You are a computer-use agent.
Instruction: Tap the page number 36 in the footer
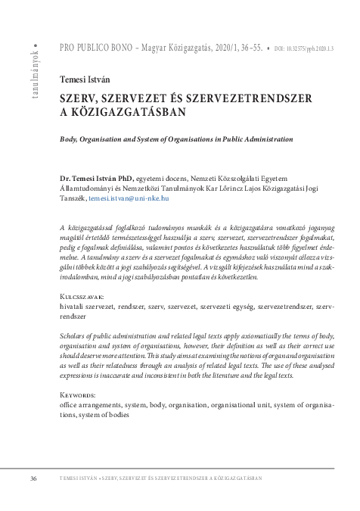click(33, 478)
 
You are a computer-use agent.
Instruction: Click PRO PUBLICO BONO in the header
click(93, 47)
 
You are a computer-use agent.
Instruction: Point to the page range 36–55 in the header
click(248, 47)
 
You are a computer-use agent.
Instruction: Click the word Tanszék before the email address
click(73, 198)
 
